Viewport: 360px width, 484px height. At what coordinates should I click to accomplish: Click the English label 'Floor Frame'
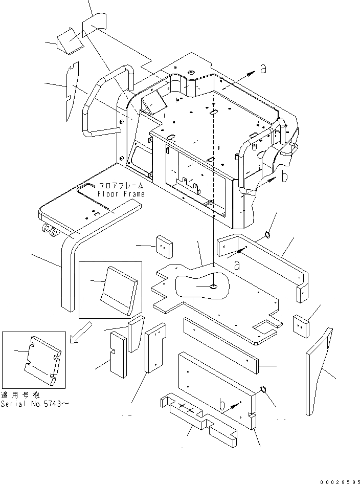[x=122, y=194]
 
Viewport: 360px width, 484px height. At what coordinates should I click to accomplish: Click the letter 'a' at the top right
[x=263, y=69]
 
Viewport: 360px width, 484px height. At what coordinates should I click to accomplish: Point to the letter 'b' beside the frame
[x=285, y=178]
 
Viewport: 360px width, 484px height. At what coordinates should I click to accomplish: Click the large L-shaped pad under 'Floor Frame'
[x=87, y=225]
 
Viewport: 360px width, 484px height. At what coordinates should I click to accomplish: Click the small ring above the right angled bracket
[x=267, y=235]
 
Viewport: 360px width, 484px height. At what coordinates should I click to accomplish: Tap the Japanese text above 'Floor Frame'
[x=122, y=186]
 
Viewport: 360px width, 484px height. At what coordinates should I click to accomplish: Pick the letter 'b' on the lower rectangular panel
[x=223, y=405]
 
